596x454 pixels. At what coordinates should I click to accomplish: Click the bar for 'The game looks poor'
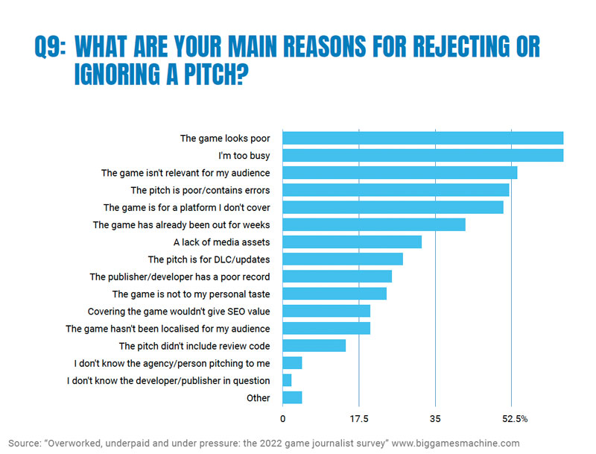pos(422,138)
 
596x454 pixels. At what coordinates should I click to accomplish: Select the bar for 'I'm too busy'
pos(422,155)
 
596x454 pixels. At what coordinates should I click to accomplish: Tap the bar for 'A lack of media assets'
pos(352,242)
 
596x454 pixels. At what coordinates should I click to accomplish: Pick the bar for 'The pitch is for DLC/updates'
pos(343,259)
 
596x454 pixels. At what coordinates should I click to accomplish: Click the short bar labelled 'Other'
pos(292,397)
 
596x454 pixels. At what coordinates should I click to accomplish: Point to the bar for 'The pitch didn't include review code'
pos(314,345)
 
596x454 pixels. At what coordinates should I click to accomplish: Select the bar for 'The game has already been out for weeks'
pos(374,224)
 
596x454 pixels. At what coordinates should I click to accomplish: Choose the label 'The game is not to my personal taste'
pos(191,294)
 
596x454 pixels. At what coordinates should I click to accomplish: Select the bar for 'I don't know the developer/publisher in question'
pos(287,380)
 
